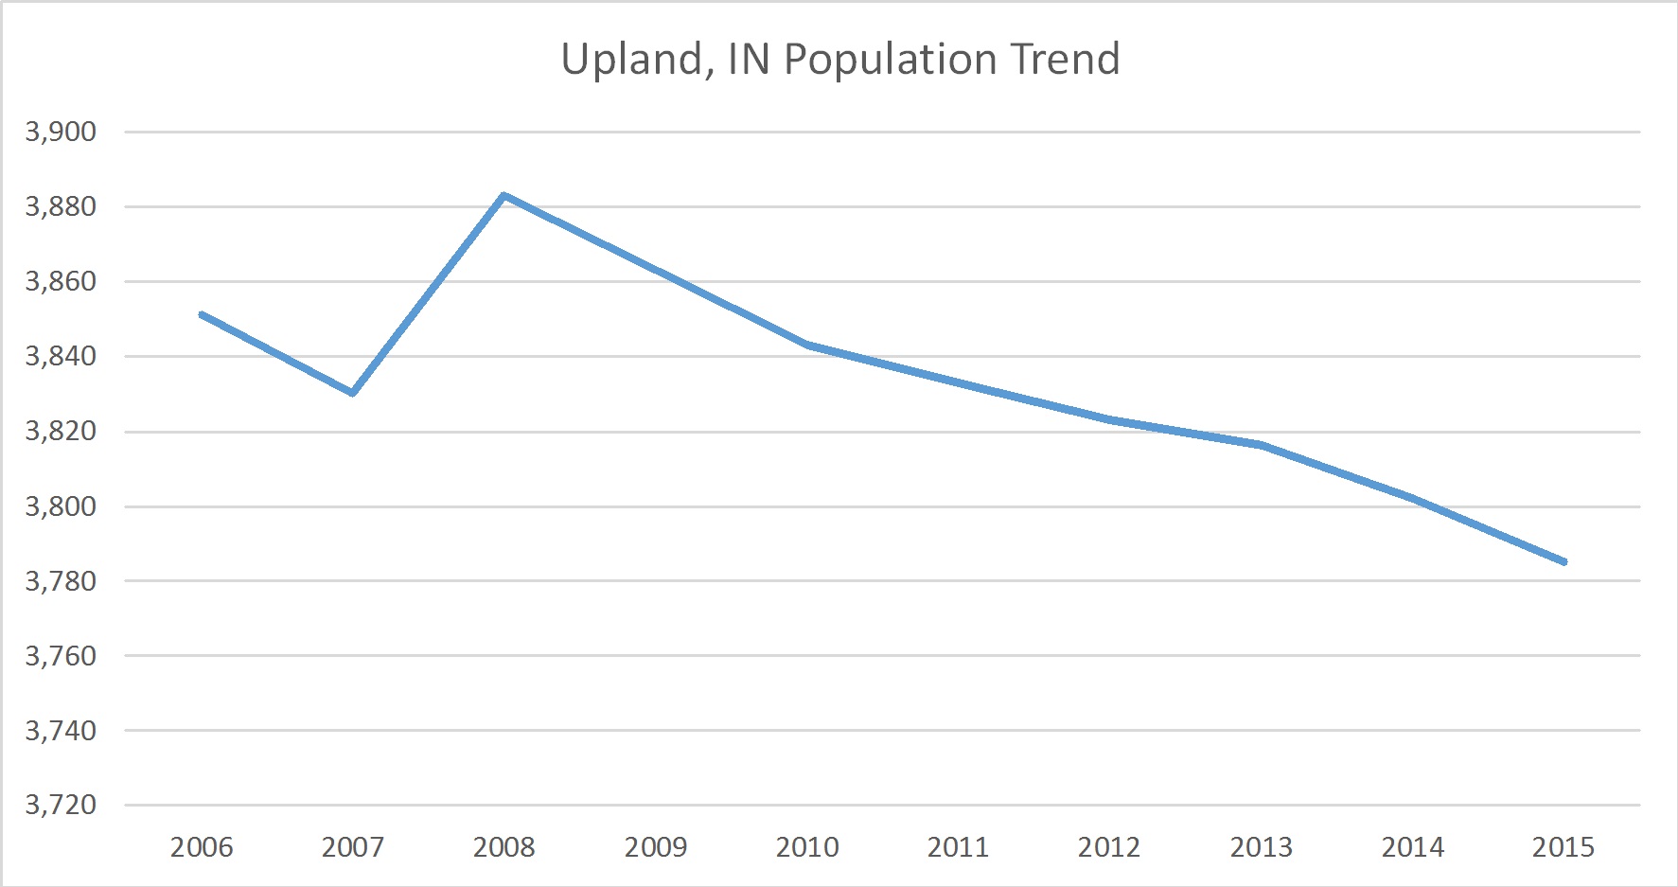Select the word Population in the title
pos(892,60)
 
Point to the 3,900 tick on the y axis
pos(61,132)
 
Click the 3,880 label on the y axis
pos(61,206)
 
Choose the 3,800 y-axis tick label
pos(61,506)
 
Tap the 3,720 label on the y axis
pos(61,805)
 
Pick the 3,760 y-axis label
pos(61,655)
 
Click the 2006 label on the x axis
pos(202,846)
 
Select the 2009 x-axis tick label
pos(656,846)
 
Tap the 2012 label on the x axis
pos(1109,846)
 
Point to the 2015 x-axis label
pos(1563,846)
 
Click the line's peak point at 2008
pos(504,195)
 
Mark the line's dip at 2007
pos(353,393)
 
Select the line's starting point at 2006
pos(202,314)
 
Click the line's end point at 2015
pos(1563,561)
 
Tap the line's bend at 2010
pos(807,345)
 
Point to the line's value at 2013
pos(1261,445)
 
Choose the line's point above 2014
pos(1412,498)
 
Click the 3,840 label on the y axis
pos(61,356)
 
